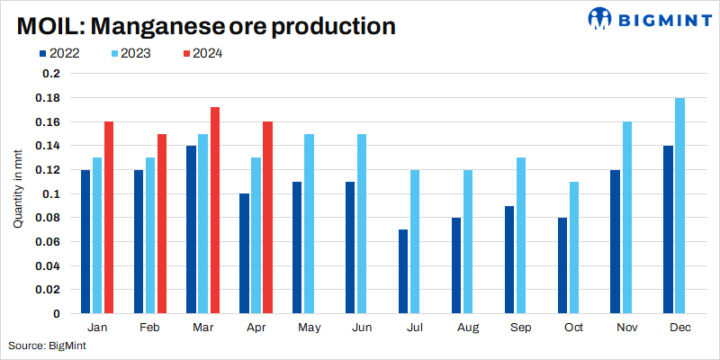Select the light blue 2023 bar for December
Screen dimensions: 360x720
679,206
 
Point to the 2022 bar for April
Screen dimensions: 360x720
244,254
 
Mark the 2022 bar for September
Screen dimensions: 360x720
508,260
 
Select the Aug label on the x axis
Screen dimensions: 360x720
467,328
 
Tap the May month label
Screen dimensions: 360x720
309,328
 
